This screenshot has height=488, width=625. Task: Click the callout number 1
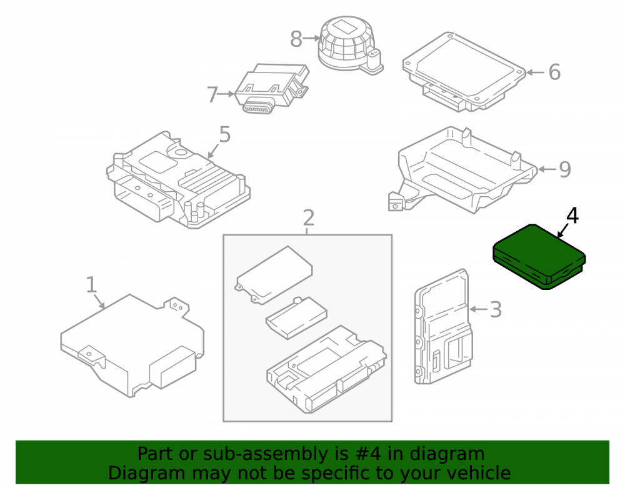[92, 285]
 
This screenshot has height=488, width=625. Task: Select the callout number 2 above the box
[309, 218]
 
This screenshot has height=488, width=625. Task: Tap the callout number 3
[496, 309]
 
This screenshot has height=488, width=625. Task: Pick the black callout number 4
[572, 216]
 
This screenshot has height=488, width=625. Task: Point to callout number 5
[225, 134]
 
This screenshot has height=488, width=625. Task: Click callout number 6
[554, 72]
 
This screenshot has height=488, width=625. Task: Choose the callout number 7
[212, 95]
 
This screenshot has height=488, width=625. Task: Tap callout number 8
[296, 39]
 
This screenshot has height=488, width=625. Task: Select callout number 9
[565, 169]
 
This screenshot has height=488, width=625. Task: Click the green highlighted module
[539, 257]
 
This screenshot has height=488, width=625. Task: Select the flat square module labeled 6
[464, 72]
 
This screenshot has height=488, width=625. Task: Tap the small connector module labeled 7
[271, 89]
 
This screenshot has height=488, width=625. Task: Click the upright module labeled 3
[443, 327]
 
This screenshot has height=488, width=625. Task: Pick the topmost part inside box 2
[274, 275]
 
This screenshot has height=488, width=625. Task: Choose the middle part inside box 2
[296, 318]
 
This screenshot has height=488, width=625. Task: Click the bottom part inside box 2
[326, 369]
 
